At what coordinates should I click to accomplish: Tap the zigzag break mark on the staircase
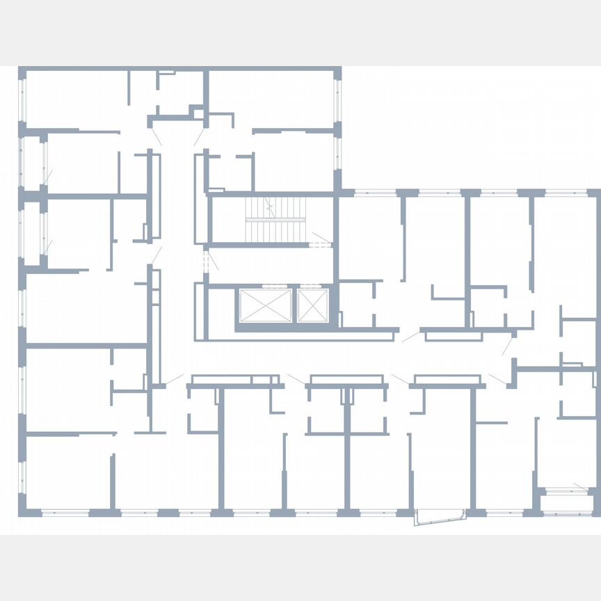[270, 207]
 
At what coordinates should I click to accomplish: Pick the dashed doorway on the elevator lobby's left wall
[206, 262]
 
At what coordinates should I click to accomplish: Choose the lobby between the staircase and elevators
[271, 266]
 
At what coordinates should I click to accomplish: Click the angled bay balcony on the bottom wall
[439, 518]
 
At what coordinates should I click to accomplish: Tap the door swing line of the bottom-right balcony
[580, 485]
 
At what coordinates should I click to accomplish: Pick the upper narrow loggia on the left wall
[32, 161]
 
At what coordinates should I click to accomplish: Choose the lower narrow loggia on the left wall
[32, 233]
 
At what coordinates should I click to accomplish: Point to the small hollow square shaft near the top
[199, 113]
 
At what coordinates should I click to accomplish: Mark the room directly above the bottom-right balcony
[567, 452]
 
